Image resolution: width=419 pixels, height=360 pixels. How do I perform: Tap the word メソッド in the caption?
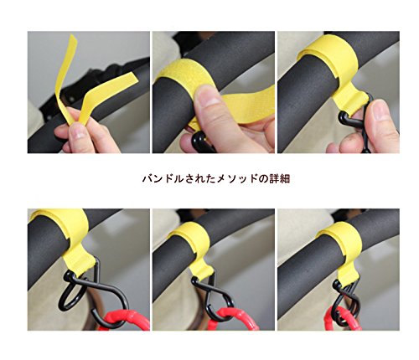pos(237,178)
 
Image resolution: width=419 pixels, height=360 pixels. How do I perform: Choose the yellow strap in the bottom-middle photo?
pos(195,245)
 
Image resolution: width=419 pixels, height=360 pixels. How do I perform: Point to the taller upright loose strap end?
pos(65,78)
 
